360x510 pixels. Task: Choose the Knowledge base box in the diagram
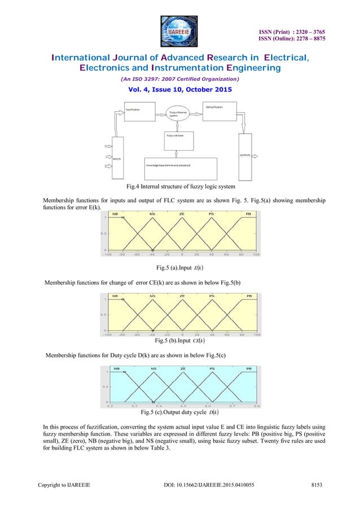180,166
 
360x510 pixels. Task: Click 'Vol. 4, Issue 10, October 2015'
179,90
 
